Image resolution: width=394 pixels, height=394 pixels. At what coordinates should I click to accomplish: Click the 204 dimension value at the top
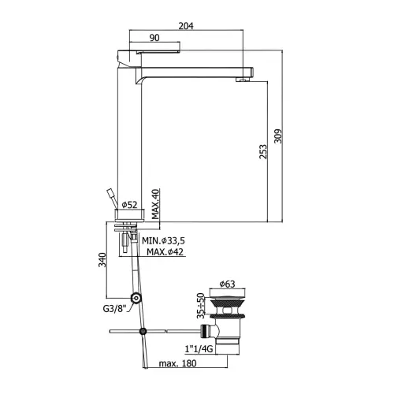[x=186, y=26]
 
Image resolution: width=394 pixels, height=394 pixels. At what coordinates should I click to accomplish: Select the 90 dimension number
[x=154, y=38]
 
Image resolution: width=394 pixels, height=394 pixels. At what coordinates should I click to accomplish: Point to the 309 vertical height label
[x=278, y=136]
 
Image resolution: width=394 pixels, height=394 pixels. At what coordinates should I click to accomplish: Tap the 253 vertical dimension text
[x=263, y=151]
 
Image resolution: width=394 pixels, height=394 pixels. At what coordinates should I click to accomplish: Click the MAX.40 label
[x=155, y=204]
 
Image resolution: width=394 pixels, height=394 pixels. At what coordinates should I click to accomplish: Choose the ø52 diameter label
[x=129, y=205]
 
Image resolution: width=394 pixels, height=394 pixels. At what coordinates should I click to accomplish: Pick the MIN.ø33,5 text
[x=163, y=240]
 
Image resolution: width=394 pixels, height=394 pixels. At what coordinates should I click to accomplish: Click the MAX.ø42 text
[x=165, y=252]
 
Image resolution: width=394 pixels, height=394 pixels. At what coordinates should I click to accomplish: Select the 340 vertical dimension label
[x=102, y=260]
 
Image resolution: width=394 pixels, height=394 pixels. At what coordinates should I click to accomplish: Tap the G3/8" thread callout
[x=114, y=309]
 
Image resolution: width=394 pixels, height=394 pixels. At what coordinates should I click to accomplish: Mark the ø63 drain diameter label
[x=227, y=284]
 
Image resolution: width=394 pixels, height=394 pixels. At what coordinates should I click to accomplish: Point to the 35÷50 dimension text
[x=201, y=306]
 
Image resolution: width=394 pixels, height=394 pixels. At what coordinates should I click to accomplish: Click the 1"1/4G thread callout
[x=199, y=349]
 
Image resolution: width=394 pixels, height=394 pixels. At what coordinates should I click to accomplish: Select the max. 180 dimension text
[x=177, y=363]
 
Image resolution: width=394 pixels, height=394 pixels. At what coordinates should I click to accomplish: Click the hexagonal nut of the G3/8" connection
[x=136, y=298]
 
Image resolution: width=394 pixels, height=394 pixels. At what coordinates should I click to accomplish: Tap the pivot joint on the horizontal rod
[x=143, y=331]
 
